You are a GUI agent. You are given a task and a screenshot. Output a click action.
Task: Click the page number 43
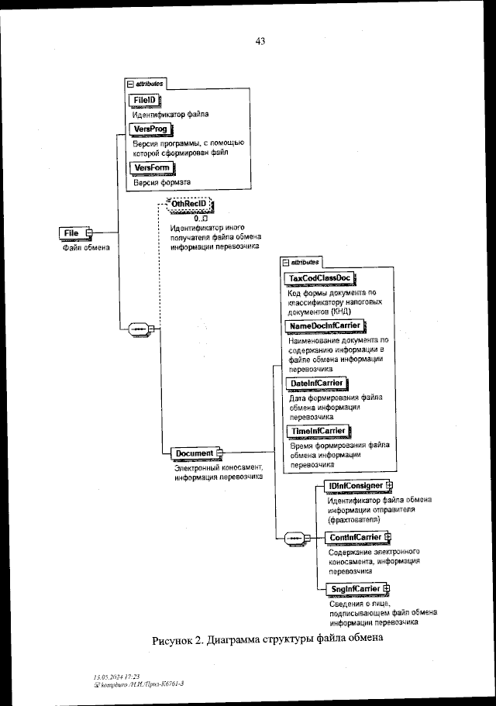click(x=260, y=42)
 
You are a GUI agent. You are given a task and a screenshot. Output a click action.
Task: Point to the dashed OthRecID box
click(x=189, y=204)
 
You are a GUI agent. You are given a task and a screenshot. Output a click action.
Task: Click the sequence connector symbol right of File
click(x=139, y=329)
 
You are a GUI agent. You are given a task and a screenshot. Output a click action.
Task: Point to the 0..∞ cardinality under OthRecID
click(x=190, y=219)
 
